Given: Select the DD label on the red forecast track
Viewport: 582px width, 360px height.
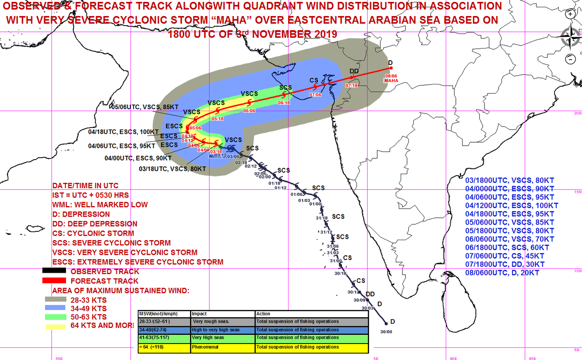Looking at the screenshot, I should [x=354, y=71].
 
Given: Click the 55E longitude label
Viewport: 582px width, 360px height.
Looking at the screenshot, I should [x=58, y=358].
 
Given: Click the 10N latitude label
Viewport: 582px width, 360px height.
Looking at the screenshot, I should [x=577, y=271].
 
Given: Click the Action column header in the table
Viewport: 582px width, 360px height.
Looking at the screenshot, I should [x=263, y=314].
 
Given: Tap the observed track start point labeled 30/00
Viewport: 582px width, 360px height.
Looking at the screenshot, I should [x=386, y=323].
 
